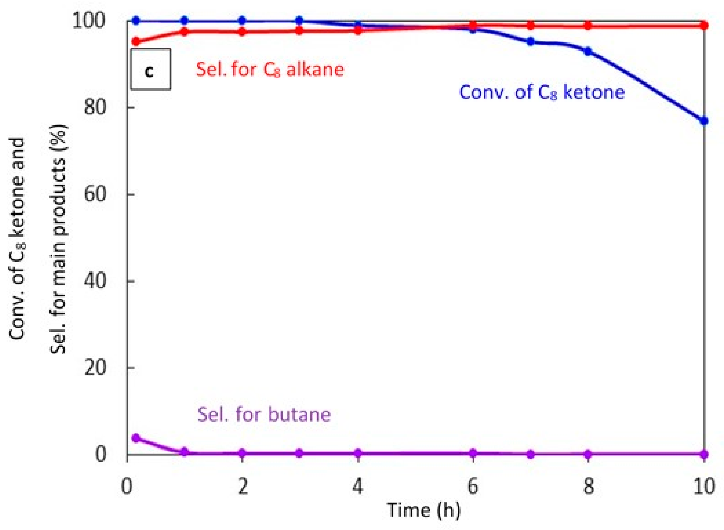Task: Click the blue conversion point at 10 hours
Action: click(704, 121)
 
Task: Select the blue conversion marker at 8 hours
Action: click(588, 52)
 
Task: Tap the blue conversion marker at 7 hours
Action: click(530, 42)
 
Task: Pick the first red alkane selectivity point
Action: click(136, 42)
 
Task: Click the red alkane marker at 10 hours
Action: click(704, 25)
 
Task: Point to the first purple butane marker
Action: click(136, 438)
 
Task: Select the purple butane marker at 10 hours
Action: click(704, 454)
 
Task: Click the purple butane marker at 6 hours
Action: click(473, 453)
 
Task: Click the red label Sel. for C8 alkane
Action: click(270, 70)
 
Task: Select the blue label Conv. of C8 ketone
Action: click(542, 92)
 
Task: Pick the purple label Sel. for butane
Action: click(264, 414)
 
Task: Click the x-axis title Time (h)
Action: click(424, 510)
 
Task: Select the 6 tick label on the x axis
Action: click(473, 487)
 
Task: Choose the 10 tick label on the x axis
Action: click(704, 487)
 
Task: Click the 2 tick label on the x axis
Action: click(242, 487)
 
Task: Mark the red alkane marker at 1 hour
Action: click(184, 32)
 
